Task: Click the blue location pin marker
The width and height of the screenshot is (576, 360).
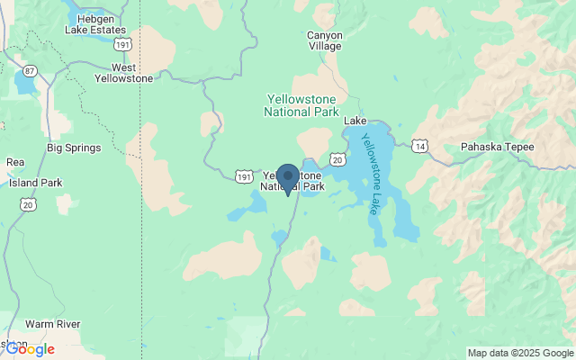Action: tap(288, 177)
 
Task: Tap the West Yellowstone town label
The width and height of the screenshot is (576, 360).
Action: tap(123, 73)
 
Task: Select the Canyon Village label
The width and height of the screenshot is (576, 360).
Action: tap(325, 40)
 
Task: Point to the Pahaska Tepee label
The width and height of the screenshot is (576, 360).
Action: tap(497, 147)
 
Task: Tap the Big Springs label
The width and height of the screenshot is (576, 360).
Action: tap(74, 148)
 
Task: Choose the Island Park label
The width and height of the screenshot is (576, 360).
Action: tap(35, 183)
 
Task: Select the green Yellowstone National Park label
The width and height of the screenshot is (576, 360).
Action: tap(302, 105)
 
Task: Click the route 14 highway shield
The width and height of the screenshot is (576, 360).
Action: tap(419, 145)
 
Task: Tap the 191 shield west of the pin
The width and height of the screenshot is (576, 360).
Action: tap(244, 177)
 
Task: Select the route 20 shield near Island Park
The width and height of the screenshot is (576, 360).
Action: tap(29, 206)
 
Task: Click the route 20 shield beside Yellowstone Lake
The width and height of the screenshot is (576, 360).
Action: tap(337, 159)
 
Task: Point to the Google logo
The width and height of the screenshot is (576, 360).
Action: tap(29, 349)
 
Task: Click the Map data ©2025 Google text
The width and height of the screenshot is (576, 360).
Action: tap(520, 353)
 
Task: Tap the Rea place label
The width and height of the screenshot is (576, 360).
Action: tap(14, 162)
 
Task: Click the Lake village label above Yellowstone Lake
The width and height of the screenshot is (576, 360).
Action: tap(355, 121)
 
